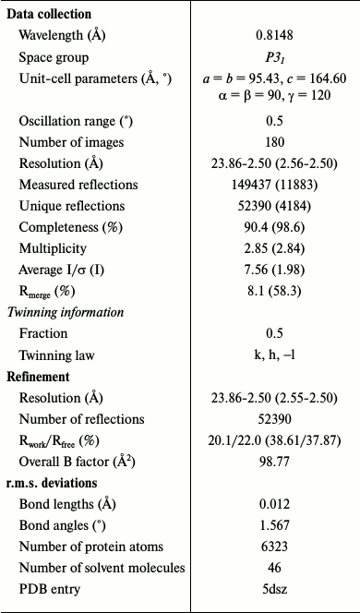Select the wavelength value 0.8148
[x=274, y=36]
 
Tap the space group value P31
[x=274, y=57]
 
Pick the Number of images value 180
[x=274, y=142]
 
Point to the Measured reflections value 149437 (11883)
[x=274, y=185]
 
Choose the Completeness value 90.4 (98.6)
[x=274, y=227]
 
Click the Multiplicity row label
[x=53, y=248]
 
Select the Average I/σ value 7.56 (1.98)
[x=274, y=270]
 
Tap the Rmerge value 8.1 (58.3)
[x=274, y=291]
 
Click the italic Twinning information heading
[x=65, y=312]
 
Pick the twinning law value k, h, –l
[x=274, y=355]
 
